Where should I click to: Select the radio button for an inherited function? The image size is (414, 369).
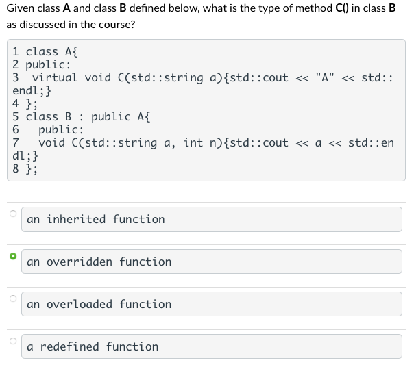(12, 214)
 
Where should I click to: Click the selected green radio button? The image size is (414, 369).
(12, 256)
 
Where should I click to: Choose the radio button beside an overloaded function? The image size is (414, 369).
(12, 298)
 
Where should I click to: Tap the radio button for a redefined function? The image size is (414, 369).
(12, 341)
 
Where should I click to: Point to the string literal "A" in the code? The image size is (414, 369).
(325, 78)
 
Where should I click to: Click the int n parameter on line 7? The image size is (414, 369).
(201, 143)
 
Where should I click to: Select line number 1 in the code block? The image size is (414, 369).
(16, 52)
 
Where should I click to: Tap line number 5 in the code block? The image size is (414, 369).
(16, 117)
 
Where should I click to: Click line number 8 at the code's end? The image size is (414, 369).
(16, 169)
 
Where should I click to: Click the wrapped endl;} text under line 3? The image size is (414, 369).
(32, 91)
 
